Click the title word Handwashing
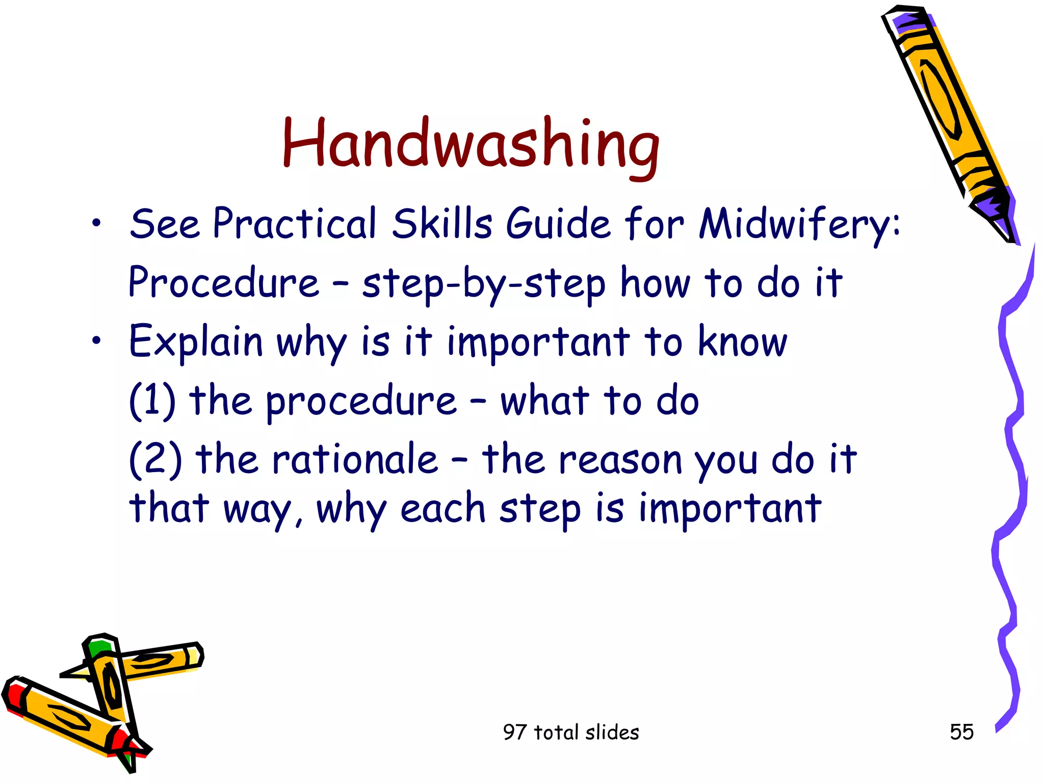point(471,144)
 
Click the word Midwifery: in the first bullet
point(799,224)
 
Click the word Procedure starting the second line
point(223,282)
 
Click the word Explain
point(196,342)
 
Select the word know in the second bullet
point(742,342)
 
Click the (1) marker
point(152,401)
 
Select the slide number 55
point(961,732)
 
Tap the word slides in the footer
point(612,732)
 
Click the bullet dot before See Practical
point(97,223)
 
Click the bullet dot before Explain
point(97,341)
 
